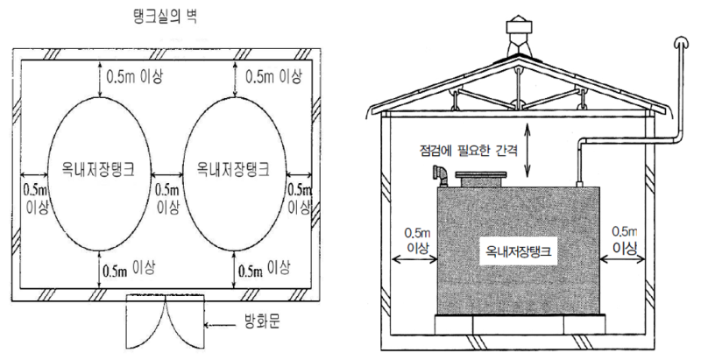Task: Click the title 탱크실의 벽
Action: click(166, 16)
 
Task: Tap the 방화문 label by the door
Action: click(263, 322)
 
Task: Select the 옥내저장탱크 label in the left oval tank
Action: click(98, 169)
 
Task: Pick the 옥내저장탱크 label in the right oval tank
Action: click(233, 169)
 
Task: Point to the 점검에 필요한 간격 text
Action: click(468, 151)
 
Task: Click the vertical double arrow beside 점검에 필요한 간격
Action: click(528, 150)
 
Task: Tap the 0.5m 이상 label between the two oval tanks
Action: click(167, 198)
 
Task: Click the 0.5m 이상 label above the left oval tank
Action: click(134, 76)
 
